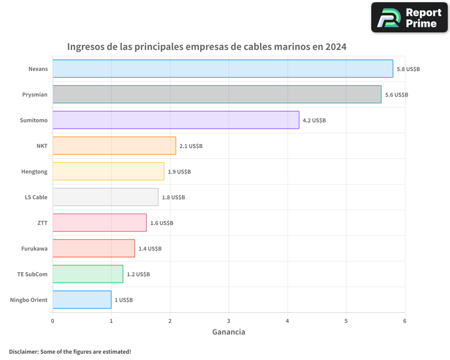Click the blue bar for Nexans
(223, 69)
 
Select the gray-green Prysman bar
(217, 94)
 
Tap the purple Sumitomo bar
(176, 120)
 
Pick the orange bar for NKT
(114, 146)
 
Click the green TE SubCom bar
(88, 274)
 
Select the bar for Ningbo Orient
(82, 300)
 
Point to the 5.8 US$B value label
(408, 69)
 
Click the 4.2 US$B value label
(314, 121)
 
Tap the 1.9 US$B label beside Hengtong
(179, 172)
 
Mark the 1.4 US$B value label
(150, 249)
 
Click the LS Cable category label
(36, 197)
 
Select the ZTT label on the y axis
(42, 223)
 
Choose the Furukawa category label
(34, 248)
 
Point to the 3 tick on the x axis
(229, 321)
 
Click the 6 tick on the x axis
(405, 321)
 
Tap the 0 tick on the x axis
(53, 321)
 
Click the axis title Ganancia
(229, 332)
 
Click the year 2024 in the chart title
(336, 47)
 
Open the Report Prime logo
(409, 18)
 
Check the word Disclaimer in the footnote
(23, 351)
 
